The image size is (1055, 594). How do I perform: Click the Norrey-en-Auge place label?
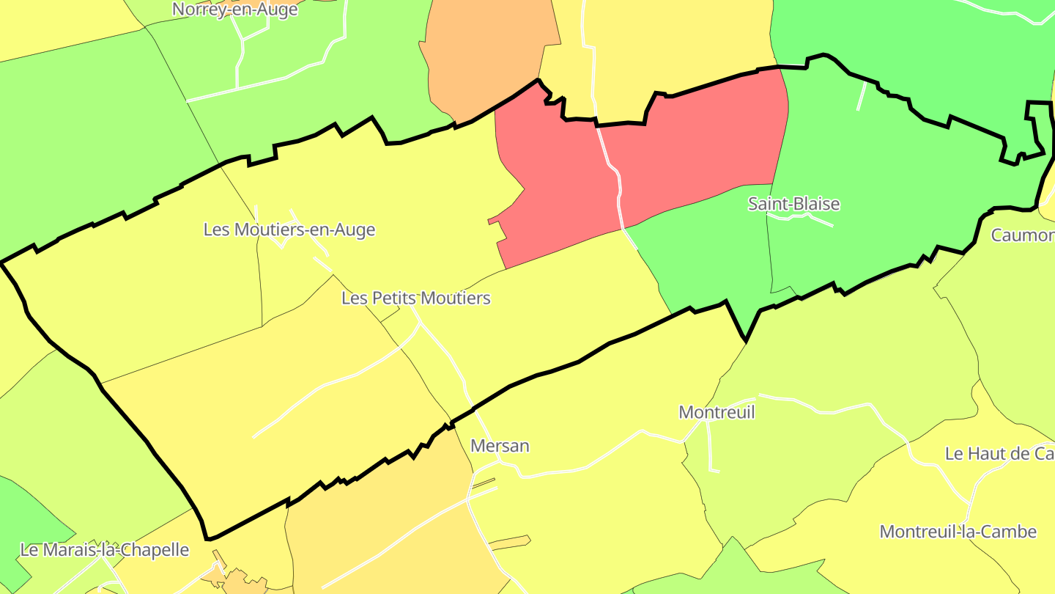(235, 10)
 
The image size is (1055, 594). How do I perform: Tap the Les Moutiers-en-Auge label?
(289, 230)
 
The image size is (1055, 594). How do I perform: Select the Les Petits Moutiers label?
(415, 298)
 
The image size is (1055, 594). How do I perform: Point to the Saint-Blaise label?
(793, 204)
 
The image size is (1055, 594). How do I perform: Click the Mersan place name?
(500, 446)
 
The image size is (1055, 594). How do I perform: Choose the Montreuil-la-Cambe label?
(958, 532)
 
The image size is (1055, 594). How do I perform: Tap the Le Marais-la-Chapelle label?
(105, 550)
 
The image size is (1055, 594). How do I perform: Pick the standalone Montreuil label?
(717, 412)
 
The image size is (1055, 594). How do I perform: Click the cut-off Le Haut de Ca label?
(999, 454)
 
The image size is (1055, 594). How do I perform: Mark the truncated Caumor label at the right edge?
(1023, 235)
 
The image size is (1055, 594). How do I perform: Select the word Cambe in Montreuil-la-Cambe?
(1011, 532)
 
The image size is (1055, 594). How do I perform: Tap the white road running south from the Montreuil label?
(709, 447)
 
